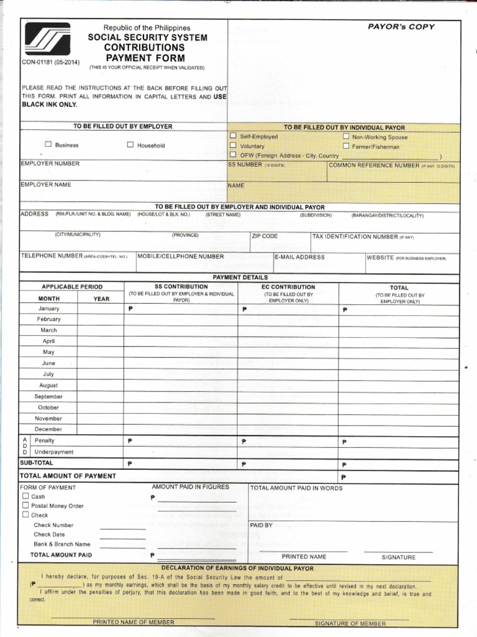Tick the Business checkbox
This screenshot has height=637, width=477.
tap(48, 145)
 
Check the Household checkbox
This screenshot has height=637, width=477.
tap(130, 145)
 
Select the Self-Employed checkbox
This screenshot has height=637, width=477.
tap(233, 136)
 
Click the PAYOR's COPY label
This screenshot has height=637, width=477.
tap(401, 27)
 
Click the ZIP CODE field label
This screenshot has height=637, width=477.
tap(265, 236)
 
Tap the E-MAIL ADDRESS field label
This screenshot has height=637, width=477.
tap(299, 257)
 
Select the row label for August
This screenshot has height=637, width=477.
tap(48, 386)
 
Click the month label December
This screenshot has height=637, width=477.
tap(48, 429)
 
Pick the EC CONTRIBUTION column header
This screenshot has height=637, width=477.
tap(288, 287)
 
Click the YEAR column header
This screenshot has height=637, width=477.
tap(101, 299)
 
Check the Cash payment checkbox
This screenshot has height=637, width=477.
tap(25, 496)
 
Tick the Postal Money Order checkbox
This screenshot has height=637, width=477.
tap(25, 506)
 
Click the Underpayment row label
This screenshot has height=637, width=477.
tap(54, 452)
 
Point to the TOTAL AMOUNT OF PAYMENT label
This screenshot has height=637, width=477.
tap(68, 476)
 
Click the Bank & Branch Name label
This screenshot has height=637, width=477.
tap(61, 544)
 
